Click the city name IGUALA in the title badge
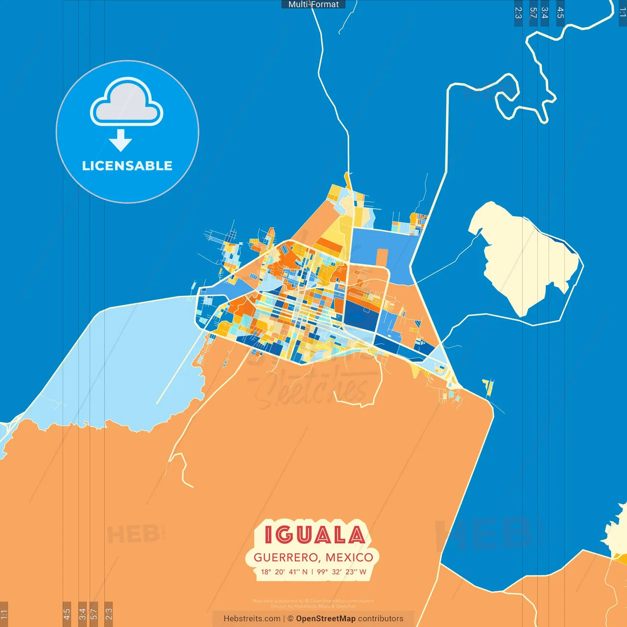[314, 535]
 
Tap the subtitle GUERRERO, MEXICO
[313, 557]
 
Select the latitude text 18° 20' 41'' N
[284, 572]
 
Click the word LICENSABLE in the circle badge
[127, 166]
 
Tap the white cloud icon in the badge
[127, 102]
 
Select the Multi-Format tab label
[313, 4]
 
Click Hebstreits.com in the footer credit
[252, 619]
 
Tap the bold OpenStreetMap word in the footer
[325, 619]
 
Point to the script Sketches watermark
[313, 389]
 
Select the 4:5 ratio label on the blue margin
[560, 13]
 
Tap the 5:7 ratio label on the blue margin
[533, 13]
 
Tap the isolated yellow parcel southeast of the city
[488, 387]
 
